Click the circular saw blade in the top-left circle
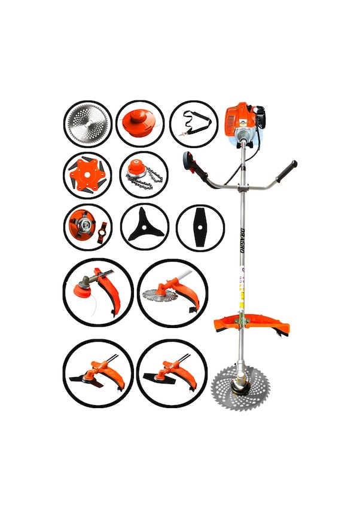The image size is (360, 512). tap(87, 124)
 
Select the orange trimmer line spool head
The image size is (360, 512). tap(139, 122)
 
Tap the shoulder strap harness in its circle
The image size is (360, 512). tap(193, 124)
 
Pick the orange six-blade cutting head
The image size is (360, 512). tap(87, 175)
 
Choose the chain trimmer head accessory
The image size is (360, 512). tap(143, 175)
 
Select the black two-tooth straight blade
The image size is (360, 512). tap(200, 227)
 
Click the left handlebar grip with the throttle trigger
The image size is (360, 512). tap(193, 163)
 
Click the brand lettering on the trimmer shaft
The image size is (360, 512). tap(243, 241)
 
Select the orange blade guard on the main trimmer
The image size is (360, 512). tap(251, 326)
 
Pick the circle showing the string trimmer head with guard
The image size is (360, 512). tap(97, 292)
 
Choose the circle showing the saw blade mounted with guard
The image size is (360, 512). tap(172, 293)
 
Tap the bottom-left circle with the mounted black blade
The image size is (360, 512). tap(97, 373)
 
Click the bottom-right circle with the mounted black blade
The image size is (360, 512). tap(172, 373)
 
